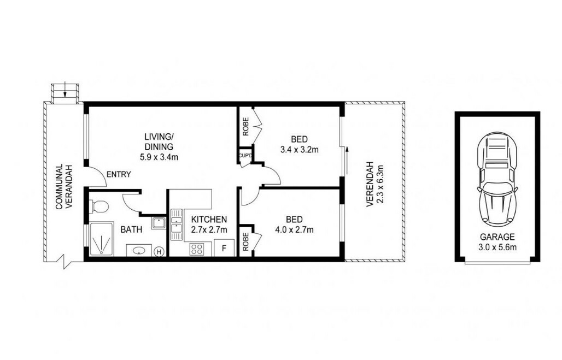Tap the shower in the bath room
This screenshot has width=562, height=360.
click(102, 239)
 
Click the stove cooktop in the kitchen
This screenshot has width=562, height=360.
click(197, 249)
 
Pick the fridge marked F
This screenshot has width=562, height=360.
click(224, 248)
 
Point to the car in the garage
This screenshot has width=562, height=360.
click(497, 177)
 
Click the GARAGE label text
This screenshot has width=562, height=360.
click(497, 237)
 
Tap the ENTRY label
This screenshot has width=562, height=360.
click(119, 175)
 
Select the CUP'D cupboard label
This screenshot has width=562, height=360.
click(245, 156)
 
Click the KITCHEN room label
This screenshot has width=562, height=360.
click(209, 219)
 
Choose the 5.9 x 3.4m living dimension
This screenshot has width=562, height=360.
click(159, 157)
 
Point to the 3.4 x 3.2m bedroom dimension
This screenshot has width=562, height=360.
click(299, 149)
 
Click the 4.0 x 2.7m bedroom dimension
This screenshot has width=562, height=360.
click(294, 229)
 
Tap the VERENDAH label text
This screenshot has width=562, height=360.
click(370, 184)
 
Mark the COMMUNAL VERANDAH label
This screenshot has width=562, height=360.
click(64, 187)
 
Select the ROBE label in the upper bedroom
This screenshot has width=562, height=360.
click(245, 127)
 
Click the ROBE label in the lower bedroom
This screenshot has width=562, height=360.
click(245, 241)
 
